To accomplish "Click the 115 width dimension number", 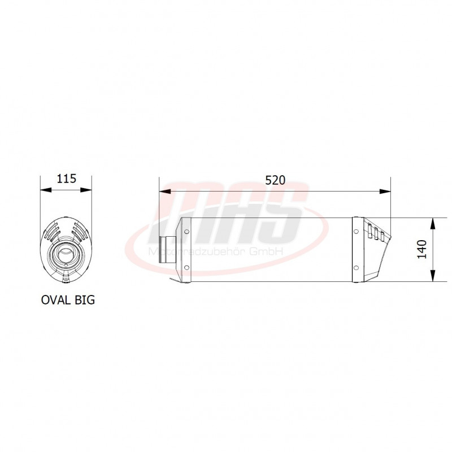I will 66,179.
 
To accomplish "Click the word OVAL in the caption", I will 56,300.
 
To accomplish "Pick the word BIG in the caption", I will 84,300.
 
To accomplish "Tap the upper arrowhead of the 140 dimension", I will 433,222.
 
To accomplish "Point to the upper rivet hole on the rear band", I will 355,231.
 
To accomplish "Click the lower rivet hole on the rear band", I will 355,267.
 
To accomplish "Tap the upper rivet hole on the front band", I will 186,231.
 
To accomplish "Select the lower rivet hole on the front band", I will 186,267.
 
